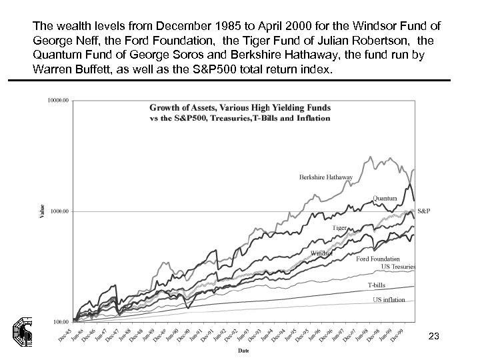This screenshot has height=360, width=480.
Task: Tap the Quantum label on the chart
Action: pos(385,198)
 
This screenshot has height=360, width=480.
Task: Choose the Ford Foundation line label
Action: pos(377,259)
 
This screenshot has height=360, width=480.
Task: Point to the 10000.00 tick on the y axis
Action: pos(58,100)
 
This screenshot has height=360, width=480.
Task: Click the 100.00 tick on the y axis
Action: pos(60,322)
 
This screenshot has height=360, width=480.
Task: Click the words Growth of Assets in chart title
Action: pos(177,107)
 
